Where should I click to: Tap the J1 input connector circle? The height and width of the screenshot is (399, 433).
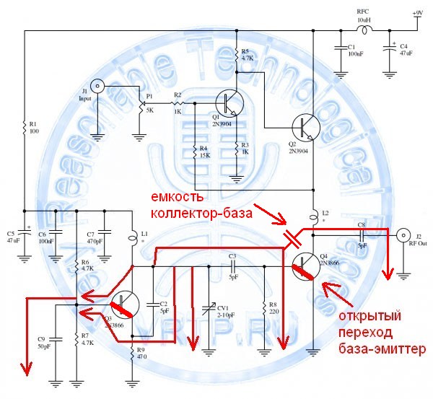pyautogui.click(x=100, y=87)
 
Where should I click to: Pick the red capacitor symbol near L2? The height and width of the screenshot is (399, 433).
pyautogui.click(x=293, y=239)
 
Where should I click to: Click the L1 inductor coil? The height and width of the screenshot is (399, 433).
pyautogui.click(x=134, y=236)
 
